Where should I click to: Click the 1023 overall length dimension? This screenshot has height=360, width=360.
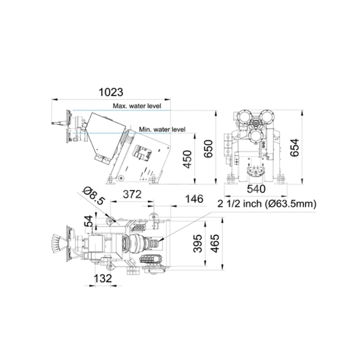pos(111,92)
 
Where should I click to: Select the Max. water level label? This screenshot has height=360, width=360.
pos(137,106)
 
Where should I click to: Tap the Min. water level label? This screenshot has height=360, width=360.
pos(162,130)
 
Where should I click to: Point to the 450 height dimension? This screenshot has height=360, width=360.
pos(188,159)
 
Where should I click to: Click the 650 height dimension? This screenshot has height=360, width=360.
pos(208,148)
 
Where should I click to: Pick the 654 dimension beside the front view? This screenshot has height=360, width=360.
pos(295,148)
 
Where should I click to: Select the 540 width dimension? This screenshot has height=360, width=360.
pos(256,189)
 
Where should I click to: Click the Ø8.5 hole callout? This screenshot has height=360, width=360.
pos(94,196)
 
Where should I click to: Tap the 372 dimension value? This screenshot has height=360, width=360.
pos(132,194)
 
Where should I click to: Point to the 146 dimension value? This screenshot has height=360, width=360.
pos(194,199)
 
